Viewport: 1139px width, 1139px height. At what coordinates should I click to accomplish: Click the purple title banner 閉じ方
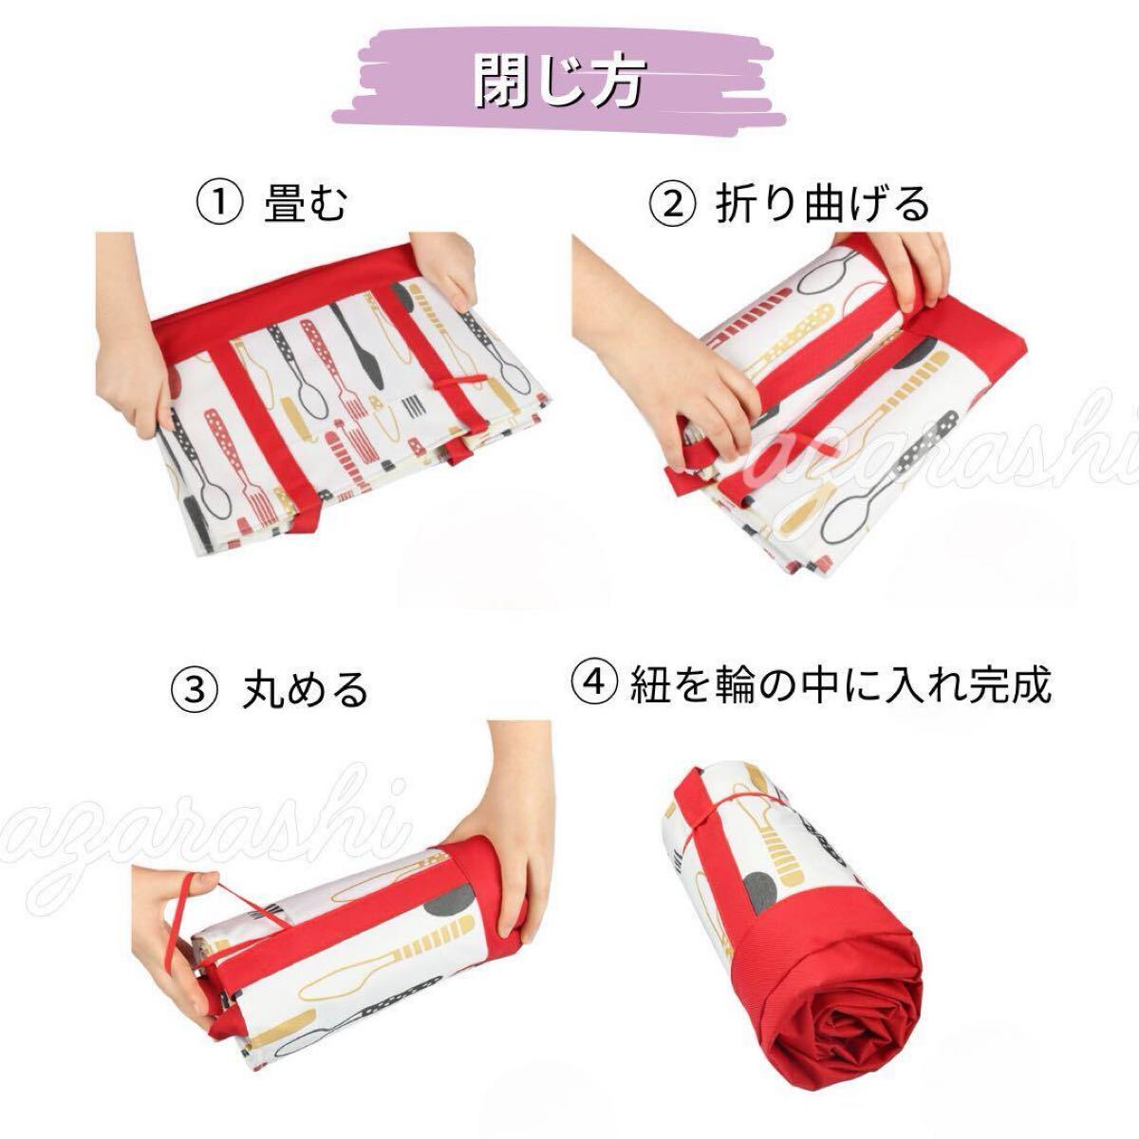(x=558, y=78)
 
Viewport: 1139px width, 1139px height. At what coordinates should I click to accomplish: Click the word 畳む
(x=305, y=203)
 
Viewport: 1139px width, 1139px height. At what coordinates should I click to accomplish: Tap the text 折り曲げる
(x=823, y=204)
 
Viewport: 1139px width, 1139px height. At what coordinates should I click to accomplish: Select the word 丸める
(x=305, y=690)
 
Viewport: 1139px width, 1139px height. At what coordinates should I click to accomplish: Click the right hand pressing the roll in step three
(x=510, y=828)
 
